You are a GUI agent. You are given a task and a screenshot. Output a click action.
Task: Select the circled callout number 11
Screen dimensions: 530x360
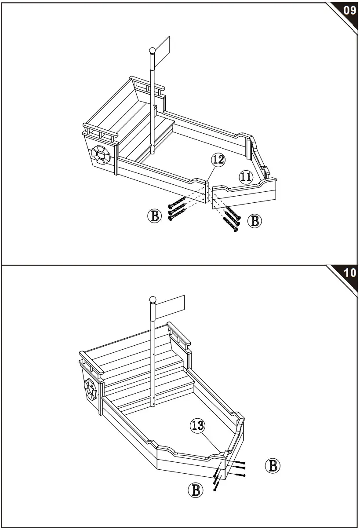246,177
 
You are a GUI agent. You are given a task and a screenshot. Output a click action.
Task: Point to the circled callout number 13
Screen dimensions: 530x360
198,425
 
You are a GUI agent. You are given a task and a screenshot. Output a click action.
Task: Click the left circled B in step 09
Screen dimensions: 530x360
154,216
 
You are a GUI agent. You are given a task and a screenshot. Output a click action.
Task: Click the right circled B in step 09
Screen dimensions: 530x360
254,220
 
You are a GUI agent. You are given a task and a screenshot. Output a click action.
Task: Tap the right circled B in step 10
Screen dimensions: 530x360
273,465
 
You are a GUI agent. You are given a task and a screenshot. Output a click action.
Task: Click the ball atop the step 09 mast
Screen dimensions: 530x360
152,51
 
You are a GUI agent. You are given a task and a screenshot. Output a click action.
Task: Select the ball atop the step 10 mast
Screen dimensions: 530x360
153,300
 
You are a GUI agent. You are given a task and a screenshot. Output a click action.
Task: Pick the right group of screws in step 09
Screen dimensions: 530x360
232,218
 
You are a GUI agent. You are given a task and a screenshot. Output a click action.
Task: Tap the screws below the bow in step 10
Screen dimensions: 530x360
216,481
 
